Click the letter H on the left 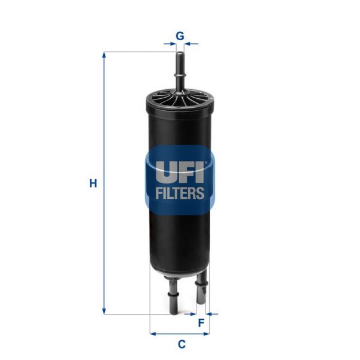(93, 184)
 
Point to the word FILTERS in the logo (180, 193)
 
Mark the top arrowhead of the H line (104, 55)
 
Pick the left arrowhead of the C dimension (153, 333)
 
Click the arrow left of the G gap (169, 44)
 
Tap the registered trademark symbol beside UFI (207, 161)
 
